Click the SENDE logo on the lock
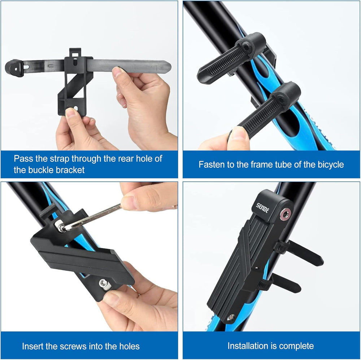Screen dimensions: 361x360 click(x=262, y=208)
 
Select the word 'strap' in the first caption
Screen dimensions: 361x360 click(x=60, y=159)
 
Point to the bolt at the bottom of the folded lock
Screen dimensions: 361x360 click(x=231, y=318)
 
